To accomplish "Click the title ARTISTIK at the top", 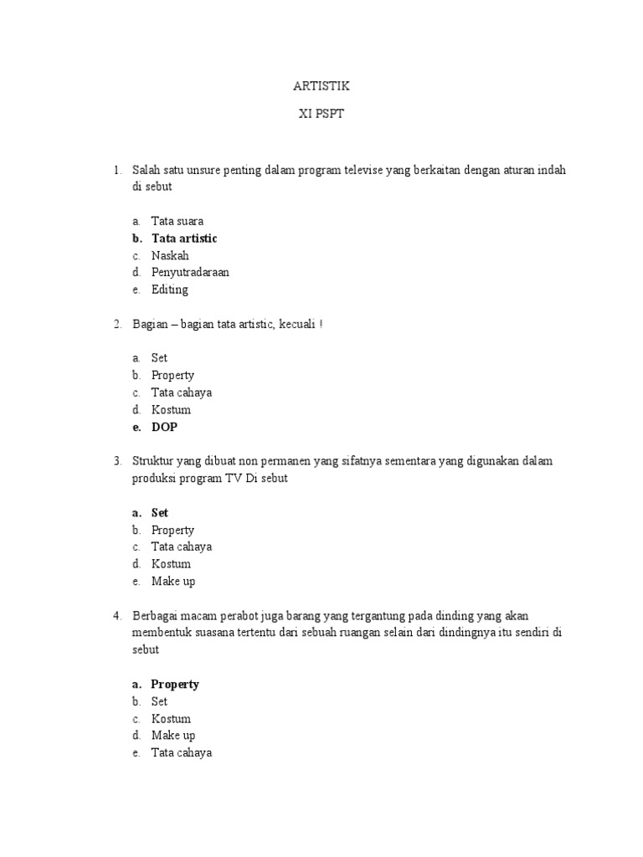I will pos(321,86).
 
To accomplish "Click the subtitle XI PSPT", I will pos(321,115).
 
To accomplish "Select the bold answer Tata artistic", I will pos(184,239).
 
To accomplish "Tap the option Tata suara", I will pos(177,222).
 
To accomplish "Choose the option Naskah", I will pos(170,255).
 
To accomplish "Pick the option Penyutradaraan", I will pos(190,272).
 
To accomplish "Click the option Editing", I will pos(170,290).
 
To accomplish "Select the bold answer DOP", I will pos(164,427).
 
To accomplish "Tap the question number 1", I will pos(117,170).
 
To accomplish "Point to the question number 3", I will pos(117,461).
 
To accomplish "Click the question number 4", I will pos(117,616).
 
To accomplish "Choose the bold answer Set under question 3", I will pos(160,512).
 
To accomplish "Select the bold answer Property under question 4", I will pos(175,684).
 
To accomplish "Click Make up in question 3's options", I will pos(173,581).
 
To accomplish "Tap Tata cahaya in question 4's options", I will pos(182,752).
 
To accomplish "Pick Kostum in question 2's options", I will pos(171,410).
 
